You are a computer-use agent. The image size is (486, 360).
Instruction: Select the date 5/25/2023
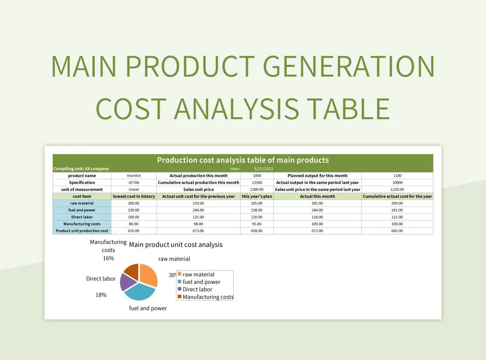click(x=264, y=169)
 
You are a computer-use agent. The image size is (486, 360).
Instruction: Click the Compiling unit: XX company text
click(x=81, y=169)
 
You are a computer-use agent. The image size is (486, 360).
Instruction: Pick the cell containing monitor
click(x=134, y=176)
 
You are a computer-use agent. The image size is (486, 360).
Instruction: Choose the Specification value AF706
click(x=134, y=182)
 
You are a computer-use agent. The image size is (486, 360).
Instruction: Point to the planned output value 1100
click(x=397, y=176)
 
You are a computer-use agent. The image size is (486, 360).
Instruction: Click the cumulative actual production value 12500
click(x=257, y=182)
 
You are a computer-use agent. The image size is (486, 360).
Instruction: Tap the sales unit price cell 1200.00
click(x=257, y=189)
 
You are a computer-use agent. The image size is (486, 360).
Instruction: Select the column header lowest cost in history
click(x=134, y=196)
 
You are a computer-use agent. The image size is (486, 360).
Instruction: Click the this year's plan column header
click(x=257, y=196)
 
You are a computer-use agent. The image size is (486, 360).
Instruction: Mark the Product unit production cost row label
click(x=82, y=231)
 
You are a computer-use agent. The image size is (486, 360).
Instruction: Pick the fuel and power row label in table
click(x=82, y=210)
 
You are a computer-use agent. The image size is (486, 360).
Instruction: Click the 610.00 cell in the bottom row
click(x=134, y=231)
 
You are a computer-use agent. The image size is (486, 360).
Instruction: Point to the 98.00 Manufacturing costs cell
click(x=198, y=224)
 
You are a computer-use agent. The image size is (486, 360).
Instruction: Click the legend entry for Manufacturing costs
click(x=207, y=297)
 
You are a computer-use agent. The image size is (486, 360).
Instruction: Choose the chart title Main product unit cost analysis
click(x=175, y=244)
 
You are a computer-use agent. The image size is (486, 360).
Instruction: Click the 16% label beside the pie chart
click(x=108, y=258)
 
